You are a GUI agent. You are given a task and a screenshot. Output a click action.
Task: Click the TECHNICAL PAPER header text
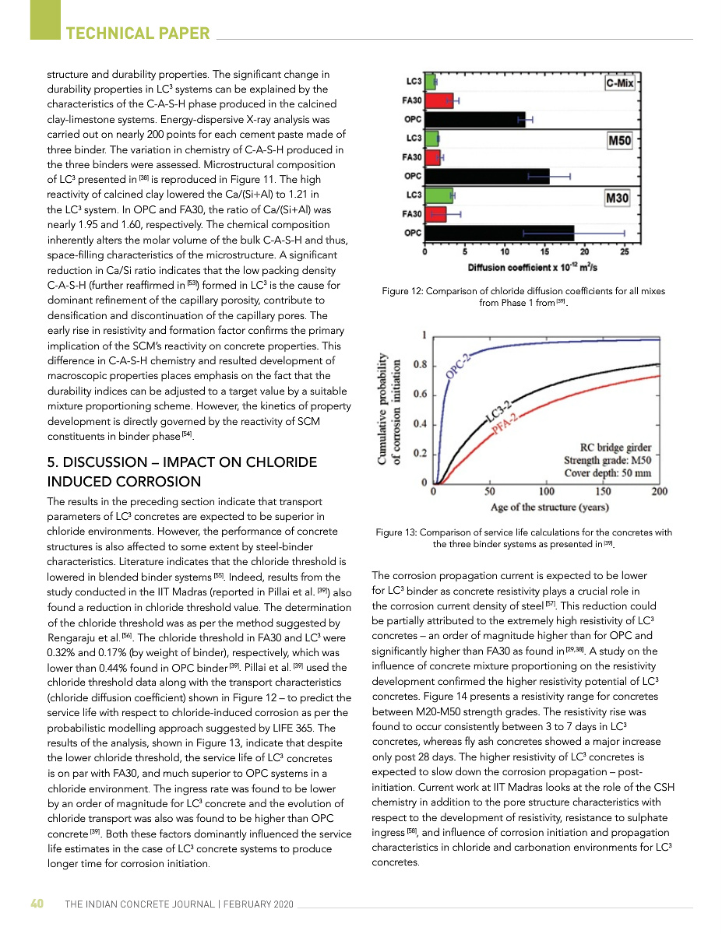(138, 33)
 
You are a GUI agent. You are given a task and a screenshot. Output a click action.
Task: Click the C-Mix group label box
(619, 83)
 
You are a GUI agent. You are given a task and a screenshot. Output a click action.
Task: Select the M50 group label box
(619, 141)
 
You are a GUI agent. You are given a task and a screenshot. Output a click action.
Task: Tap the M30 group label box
(617, 198)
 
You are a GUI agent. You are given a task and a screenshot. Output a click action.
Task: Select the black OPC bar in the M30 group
(499, 232)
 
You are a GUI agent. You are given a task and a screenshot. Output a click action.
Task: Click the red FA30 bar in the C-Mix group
(439, 100)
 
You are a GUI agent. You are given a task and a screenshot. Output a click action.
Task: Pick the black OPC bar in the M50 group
(487, 176)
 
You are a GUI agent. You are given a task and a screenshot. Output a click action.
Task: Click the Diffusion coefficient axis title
(533, 268)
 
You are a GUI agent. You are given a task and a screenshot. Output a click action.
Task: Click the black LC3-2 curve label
(498, 411)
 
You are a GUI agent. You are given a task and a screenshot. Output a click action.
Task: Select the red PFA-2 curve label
(505, 427)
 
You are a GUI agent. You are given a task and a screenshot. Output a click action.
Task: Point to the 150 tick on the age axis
(603, 491)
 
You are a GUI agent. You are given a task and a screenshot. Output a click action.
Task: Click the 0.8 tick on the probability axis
(418, 364)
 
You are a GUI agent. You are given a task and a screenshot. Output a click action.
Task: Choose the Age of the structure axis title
(549, 507)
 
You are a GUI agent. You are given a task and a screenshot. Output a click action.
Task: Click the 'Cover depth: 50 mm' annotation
(608, 472)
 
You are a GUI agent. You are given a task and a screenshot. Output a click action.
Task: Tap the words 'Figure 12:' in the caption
(402, 291)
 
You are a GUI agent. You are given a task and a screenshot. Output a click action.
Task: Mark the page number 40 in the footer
(37, 904)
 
